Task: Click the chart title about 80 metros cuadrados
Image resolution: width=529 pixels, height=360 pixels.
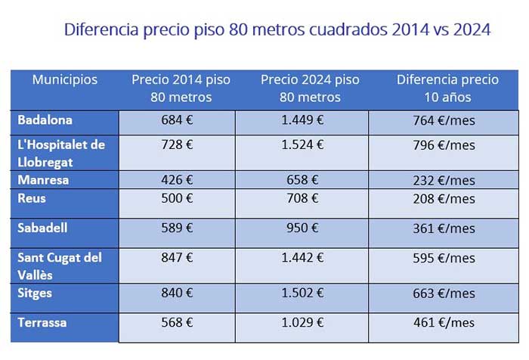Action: (277, 30)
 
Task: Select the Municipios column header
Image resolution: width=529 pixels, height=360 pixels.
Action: (65, 79)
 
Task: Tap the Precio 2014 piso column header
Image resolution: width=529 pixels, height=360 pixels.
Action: (181, 88)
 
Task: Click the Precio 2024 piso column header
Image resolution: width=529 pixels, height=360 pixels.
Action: (310, 88)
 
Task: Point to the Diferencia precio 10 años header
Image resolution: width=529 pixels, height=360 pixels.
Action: (447, 88)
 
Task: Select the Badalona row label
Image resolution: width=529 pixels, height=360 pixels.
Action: (45, 119)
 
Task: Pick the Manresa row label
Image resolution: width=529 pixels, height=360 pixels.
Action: (42, 180)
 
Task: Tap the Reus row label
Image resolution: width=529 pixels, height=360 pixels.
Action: (32, 198)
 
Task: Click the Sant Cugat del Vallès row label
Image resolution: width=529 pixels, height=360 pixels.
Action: (60, 265)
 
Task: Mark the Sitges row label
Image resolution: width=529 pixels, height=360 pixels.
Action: (35, 293)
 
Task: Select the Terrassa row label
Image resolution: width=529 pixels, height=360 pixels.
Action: (42, 322)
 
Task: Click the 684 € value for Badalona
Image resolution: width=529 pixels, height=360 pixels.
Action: (178, 119)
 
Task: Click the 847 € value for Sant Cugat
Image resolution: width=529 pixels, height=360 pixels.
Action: (178, 258)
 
